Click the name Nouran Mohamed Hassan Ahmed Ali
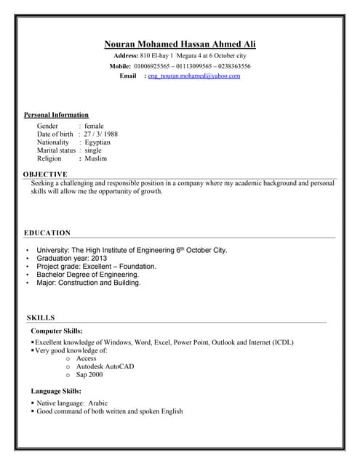[x=180, y=44]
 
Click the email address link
[x=193, y=76]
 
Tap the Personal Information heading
[x=56, y=115]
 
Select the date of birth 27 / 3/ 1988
[x=101, y=134]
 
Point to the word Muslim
[x=95, y=158]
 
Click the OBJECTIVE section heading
[x=45, y=174]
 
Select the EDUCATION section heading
[x=47, y=232]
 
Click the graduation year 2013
[x=99, y=258]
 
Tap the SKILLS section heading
[x=40, y=318]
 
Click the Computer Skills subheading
[x=61, y=331]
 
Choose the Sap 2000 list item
[x=89, y=375]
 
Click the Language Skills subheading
[x=61, y=392]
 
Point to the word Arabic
[x=98, y=403]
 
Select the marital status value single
[x=93, y=150]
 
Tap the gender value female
[x=95, y=126]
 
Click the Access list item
[x=86, y=358]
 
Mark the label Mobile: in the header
[x=120, y=66]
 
